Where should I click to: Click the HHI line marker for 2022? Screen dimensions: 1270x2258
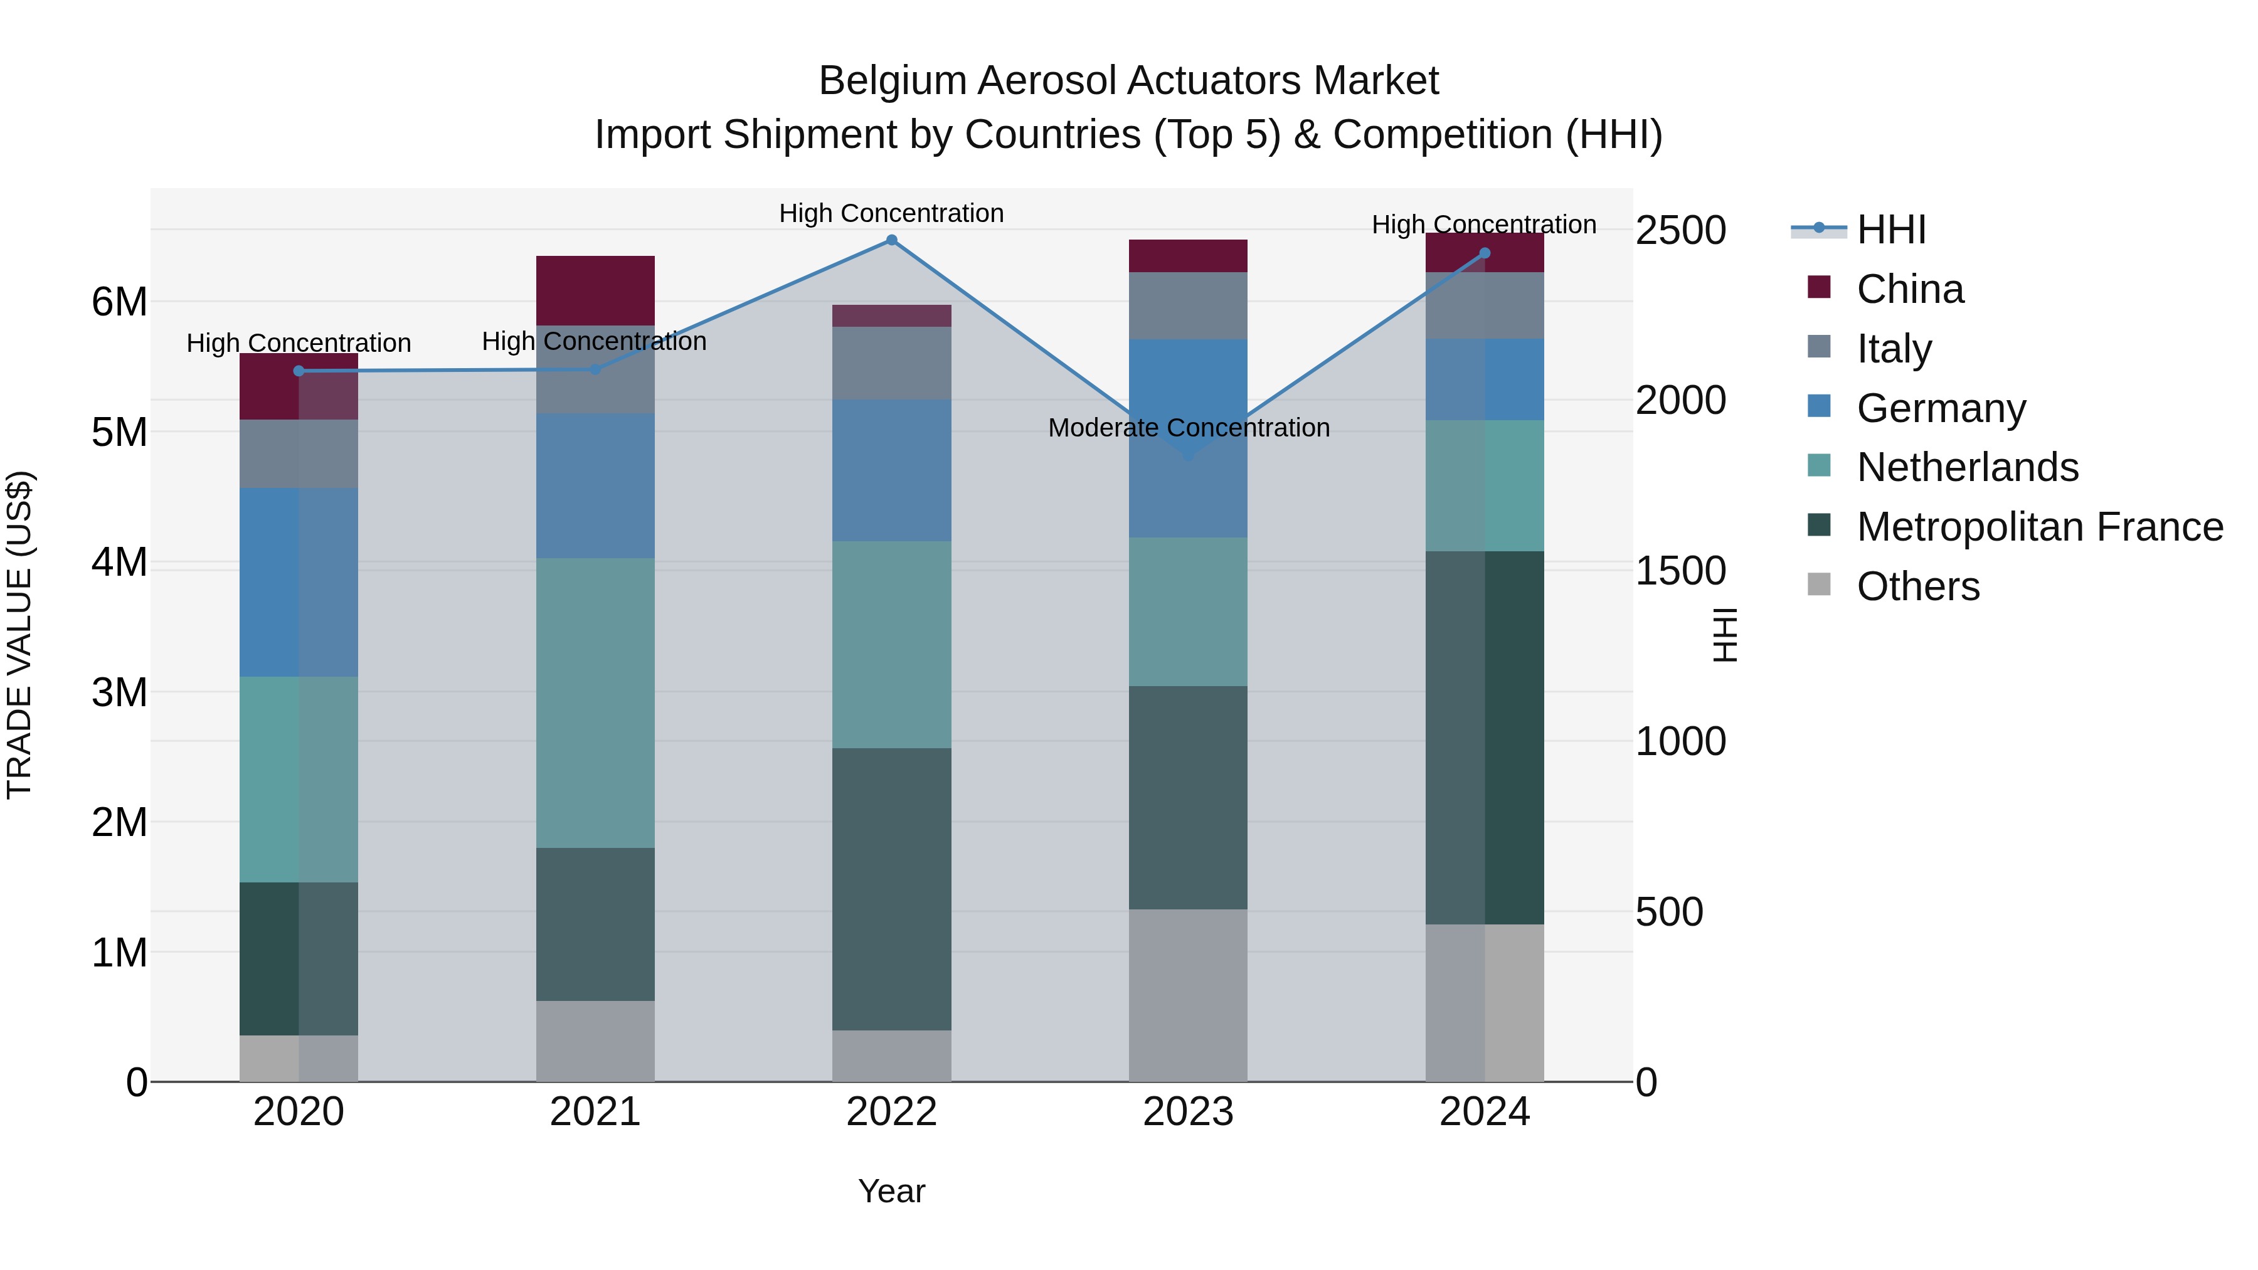click(891, 240)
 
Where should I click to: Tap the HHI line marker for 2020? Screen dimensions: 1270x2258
click(299, 371)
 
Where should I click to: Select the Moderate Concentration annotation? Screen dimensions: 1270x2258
click(1189, 428)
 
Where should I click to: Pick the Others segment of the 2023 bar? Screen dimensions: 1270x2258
click(1188, 995)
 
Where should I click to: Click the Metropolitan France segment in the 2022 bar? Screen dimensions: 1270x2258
click(891, 889)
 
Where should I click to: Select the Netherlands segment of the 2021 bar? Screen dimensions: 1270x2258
click(595, 703)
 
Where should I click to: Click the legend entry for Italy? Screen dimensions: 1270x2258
click(1894, 349)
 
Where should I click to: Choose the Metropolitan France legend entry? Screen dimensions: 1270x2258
click(2039, 527)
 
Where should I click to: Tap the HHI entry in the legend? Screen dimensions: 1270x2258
click(1890, 230)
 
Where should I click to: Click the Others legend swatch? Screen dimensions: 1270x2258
click(1819, 585)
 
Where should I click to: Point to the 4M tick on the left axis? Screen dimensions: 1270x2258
click(119, 562)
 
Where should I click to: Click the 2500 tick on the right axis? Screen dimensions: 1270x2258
click(1680, 231)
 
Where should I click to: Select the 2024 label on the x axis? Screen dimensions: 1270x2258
click(1484, 1112)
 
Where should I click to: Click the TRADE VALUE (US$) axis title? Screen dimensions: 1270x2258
click(19, 635)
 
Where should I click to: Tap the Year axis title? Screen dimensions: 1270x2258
click(891, 1191)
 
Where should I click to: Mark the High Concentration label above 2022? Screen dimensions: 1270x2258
click(891, 213)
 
